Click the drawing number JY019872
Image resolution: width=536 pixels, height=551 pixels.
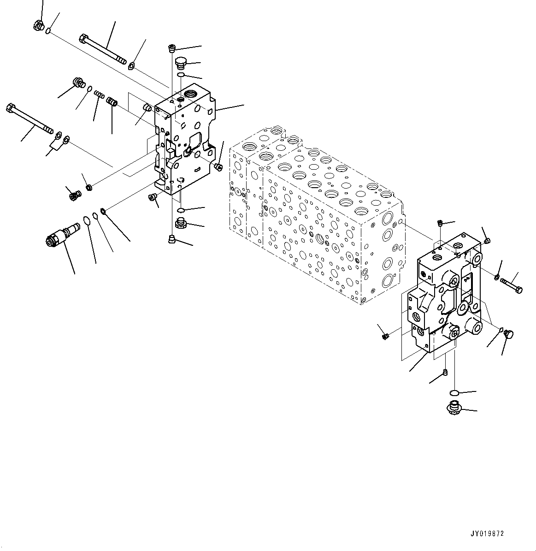coord(487,533)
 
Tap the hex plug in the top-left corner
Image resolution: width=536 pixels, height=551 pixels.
coord(39,26)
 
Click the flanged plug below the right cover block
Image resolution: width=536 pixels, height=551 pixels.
coord(454,407)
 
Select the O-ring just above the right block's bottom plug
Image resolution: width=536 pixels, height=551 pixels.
coord(454,392)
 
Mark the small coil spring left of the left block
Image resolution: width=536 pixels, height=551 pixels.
coord(99,95)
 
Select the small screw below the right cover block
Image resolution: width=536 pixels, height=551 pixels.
coord(445,372)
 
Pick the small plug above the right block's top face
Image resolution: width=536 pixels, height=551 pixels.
coord(441,224)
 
